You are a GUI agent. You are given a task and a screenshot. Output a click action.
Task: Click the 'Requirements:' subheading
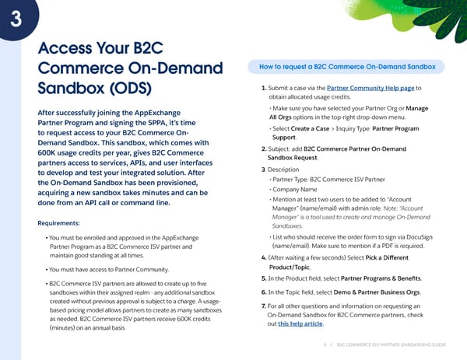coord(57,223)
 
